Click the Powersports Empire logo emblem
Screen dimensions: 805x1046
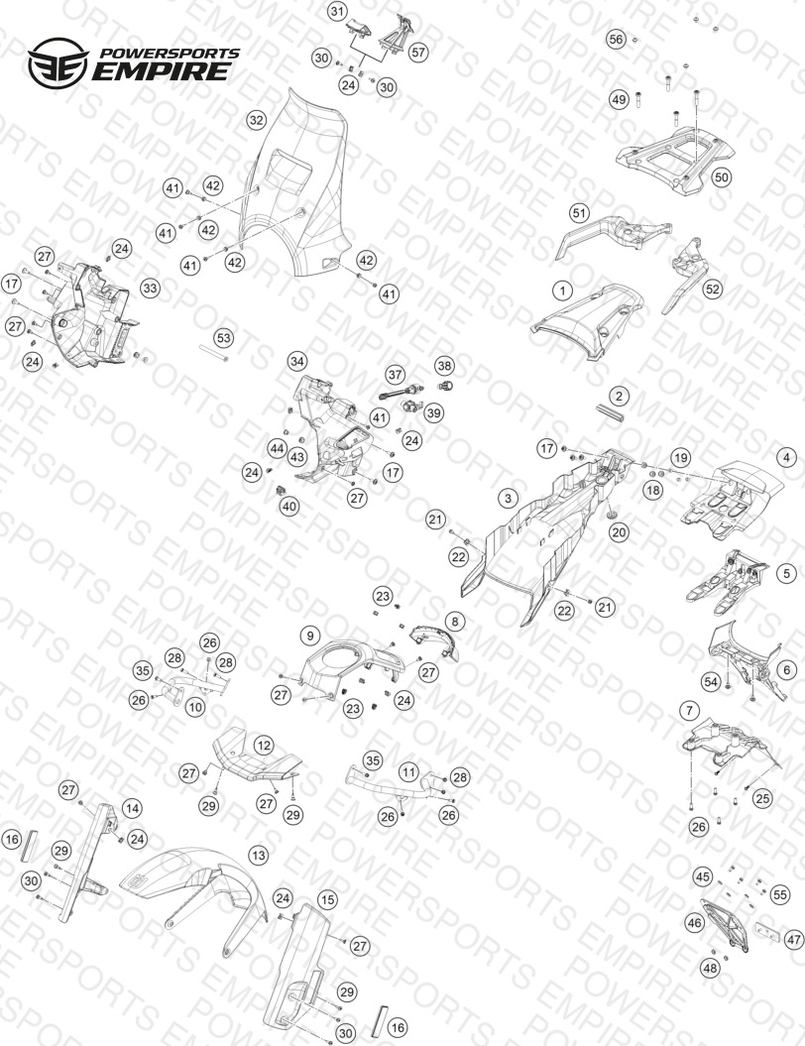tap(57, 62)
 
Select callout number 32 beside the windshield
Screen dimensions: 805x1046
tap(256, 121)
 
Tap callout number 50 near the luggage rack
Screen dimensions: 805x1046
tap(721, 176)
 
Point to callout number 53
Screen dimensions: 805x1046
tap(223, 337)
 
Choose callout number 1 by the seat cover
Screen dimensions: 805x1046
tap(563, 291)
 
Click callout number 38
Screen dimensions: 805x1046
tap(444, 366)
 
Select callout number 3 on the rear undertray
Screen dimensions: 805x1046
tap(509, 498)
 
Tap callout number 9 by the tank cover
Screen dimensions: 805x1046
tap(309, 636)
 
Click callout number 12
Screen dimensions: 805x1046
tap(264, 746)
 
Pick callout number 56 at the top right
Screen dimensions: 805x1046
tap(617, 40)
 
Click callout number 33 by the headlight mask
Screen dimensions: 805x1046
tap(150, 289)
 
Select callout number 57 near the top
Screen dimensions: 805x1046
tap(418, 52)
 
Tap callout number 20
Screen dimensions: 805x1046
tap(619, 532)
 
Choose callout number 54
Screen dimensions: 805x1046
tap(711, 681)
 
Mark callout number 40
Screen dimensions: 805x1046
tap(288, 507)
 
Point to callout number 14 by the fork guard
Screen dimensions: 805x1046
tap(132, 808)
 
